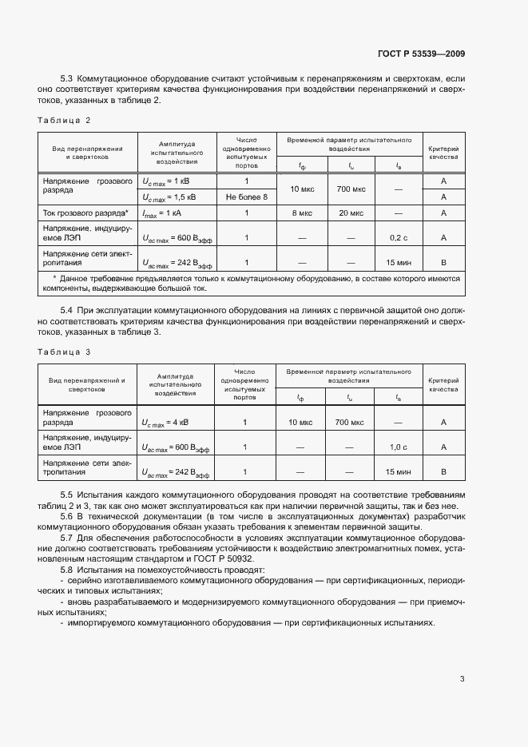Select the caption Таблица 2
pos(65,120)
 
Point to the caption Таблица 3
pos(65,352)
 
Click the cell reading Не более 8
pos(247,197)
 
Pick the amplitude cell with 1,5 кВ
pos(169,197)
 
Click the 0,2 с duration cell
pos(399,237)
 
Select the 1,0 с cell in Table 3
pos(399,447)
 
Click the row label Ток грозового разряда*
pos(85,213)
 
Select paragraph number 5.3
pos(67,80)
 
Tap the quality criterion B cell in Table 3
pos(443,472)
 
